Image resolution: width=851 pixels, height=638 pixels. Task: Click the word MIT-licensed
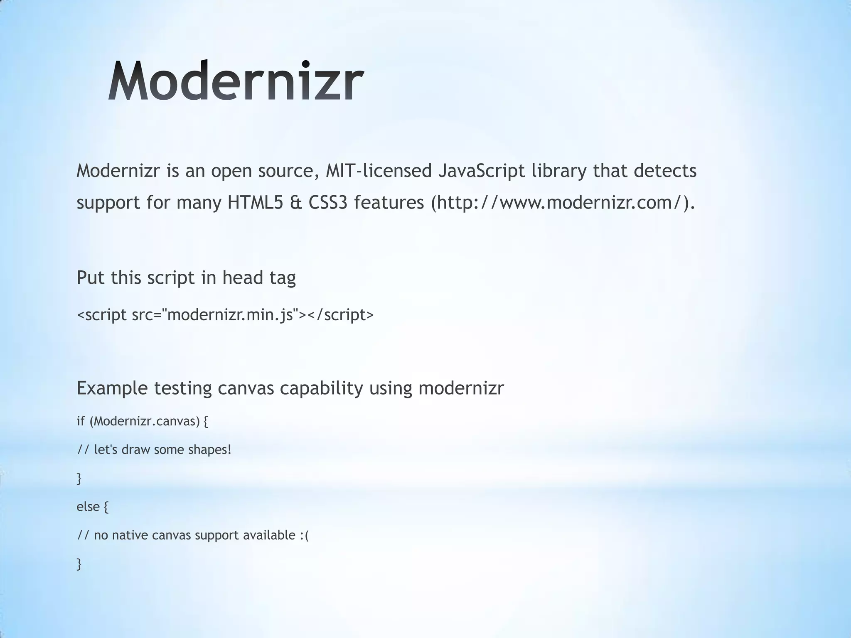pos(379,171)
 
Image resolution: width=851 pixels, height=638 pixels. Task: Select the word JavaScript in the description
pos(481,171)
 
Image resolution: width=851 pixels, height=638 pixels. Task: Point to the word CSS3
pos(328,203)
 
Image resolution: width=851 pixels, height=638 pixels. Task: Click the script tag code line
pos(225,315)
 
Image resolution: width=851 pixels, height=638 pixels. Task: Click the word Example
pos(112,388)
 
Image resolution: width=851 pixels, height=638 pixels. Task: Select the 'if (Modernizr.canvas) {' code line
pos(142,421)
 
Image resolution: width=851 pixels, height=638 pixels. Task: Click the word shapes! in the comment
pos(209,449)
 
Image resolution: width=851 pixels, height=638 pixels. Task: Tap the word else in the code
pos(88,506)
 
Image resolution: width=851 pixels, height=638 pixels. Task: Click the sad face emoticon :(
pos(304,535)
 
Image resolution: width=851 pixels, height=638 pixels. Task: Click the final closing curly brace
pos(79,564)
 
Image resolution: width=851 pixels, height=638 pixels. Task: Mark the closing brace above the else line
pos(79,478)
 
